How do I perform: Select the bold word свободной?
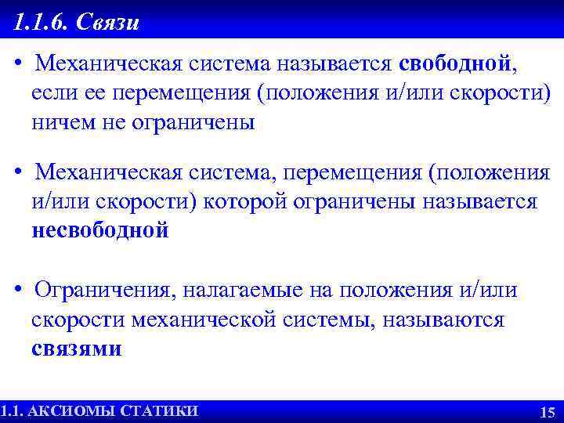[454, 63]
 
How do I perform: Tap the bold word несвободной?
[99, 230]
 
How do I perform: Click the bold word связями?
[76, 349]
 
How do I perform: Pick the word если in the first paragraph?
[52, 93]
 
